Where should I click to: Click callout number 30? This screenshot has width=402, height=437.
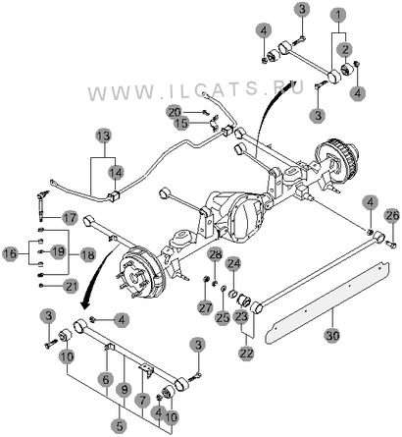[x=332, y=335]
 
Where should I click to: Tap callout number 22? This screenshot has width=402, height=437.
[x=246, y=353]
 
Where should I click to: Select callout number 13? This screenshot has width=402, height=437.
[x=104, y=136]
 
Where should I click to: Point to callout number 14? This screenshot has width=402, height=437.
[x=116, y=172]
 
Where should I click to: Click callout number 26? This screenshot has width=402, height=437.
[x=392, y=215]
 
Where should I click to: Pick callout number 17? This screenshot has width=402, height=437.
[x=70, y=218]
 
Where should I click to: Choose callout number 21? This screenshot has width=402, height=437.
[x=71, y=286]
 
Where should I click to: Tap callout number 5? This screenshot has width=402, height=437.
[x=120, y=426]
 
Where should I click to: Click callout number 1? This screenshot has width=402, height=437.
[x=339, y=15]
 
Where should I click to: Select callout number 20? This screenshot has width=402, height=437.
[x=175, y=112]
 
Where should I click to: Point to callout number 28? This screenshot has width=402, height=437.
[x=216, y=254]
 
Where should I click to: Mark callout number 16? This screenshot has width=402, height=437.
[x=11, y=253]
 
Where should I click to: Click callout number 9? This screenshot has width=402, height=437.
[x=125, y=390]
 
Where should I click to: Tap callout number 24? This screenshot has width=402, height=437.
[x=234, y=263]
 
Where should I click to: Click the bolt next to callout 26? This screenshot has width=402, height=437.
[x=391, y=244]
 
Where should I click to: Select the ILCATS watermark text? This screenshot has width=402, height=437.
[x=195, y=90]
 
